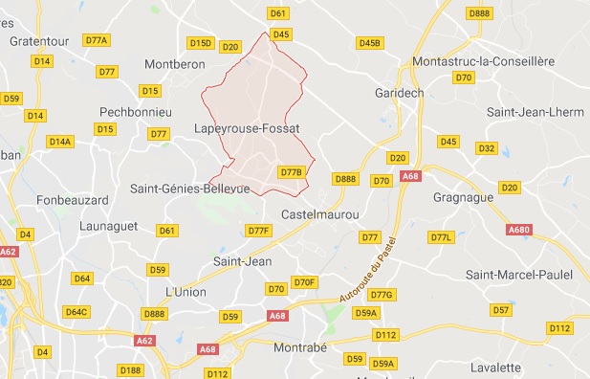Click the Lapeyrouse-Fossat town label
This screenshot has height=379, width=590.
pyautogui.click(x=247, y=127)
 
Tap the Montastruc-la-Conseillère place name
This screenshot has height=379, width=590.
pyautogui.click(x=482, y=61)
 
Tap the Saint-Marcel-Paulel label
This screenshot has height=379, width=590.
pyautogui.click(x=518, y=275)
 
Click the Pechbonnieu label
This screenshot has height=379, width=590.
pyautogui.click(x=135, y=112)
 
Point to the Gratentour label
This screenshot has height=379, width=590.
pyautogui.click(x=41, y=41)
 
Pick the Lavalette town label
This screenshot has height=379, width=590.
pyautogui.click(x=494, y=368)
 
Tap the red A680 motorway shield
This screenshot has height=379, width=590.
pyautogui.click(x=519, y=230)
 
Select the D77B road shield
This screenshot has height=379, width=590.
pyautogui.click(x=292, y=172)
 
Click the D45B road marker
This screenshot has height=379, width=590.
pyautogui.click(x=369, y=43)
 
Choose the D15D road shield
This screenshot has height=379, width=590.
pyautogui.click(x=200, y=43)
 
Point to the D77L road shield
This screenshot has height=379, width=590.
pyautogui.click(x=441, y=236)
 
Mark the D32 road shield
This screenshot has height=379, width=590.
pyautogui.click(x=486, y=148)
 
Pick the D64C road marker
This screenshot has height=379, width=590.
pyautogui.click(x=76, y=312)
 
